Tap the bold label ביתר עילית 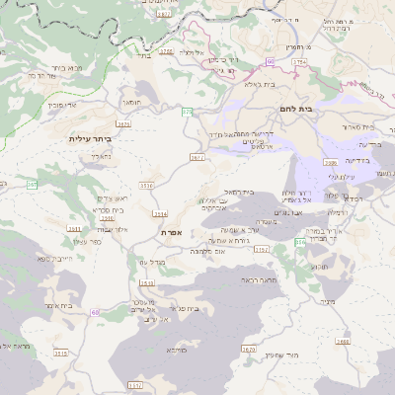click(90, 139)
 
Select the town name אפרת click(171, 231)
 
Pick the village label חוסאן click(131, 102)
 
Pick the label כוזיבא click(176, 350)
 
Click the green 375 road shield click(187, 113)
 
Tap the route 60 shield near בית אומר click(95, 312)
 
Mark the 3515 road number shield click(61, 353)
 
